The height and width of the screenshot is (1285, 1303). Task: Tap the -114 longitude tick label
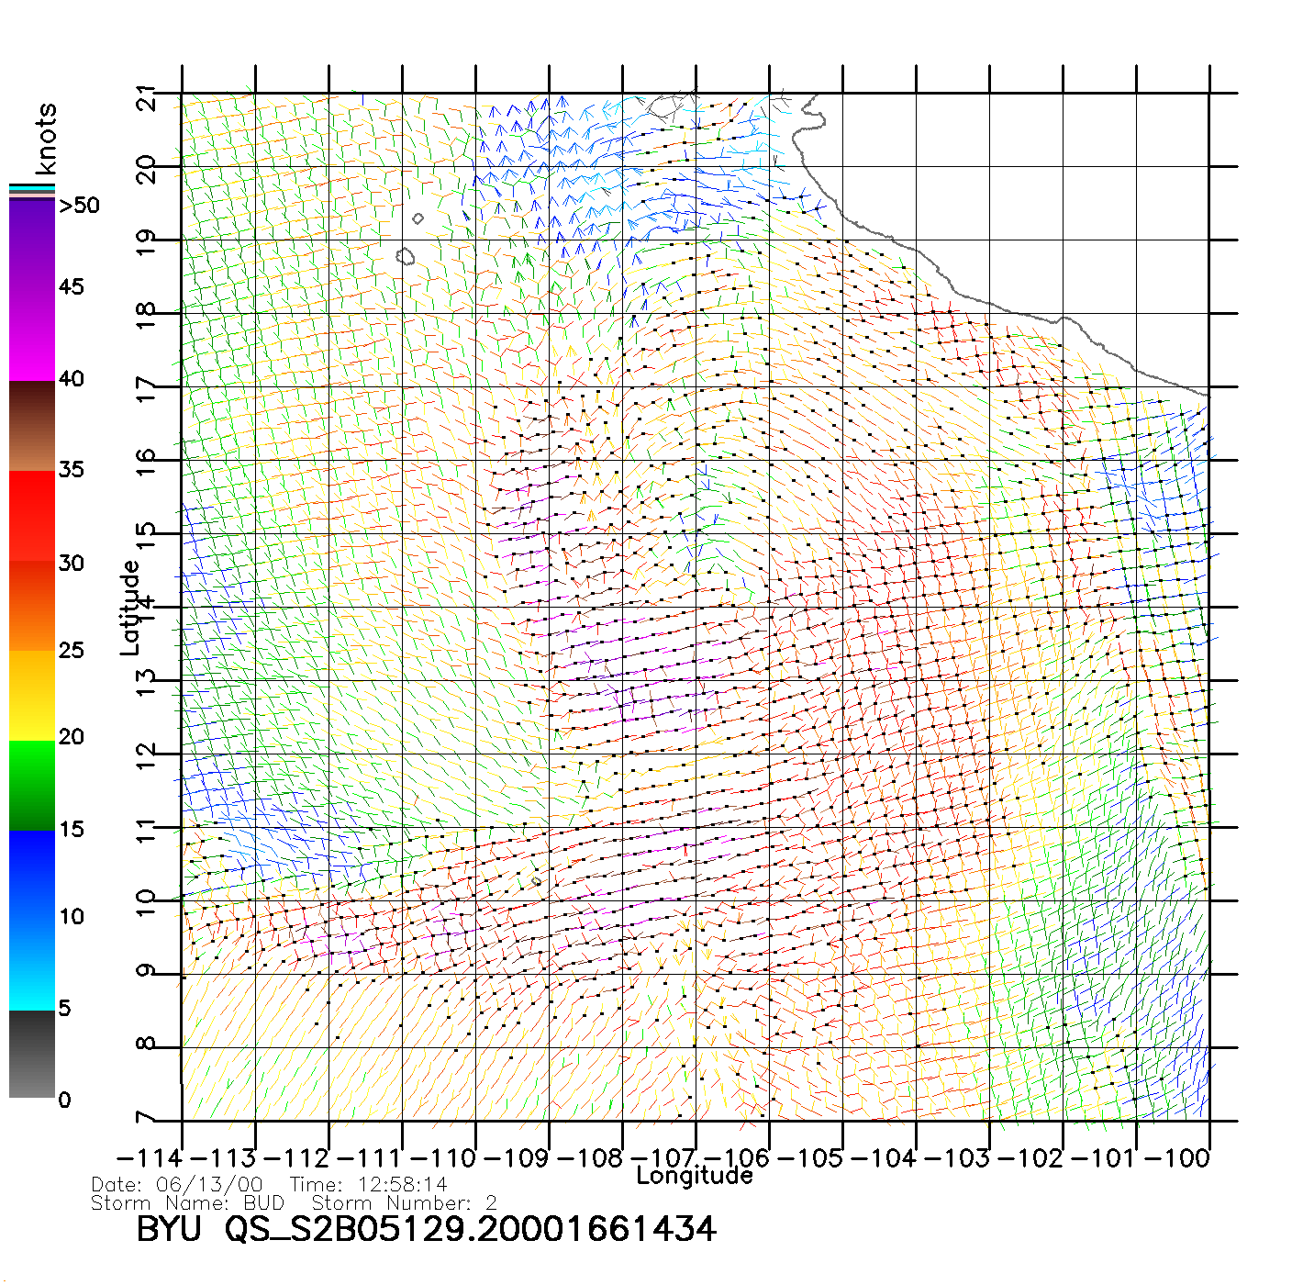tap(150, 1157)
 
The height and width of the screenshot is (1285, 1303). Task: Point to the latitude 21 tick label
tap(146, 97)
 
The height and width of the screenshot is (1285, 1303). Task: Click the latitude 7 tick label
tap(146, 1119)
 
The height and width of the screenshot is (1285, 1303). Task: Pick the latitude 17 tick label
tap(146, 389)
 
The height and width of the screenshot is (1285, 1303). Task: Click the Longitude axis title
tap(695, 1176)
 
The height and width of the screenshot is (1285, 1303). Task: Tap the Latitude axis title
tap(130, 608)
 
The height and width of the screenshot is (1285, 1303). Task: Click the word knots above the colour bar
tap(46, 139)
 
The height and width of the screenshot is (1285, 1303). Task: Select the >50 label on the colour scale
tap(79, 206)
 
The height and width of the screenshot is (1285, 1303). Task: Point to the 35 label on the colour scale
tap(71, 470)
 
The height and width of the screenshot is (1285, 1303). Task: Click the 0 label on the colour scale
tap(64, 1100)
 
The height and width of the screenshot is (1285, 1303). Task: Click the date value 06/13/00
tap(209, 1184)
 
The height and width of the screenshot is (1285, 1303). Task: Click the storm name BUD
tap(263, 1202)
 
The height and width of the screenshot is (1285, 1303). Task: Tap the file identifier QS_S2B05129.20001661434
tap(471, 1229)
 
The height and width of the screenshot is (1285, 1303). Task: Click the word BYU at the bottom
tap(169, 1229)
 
